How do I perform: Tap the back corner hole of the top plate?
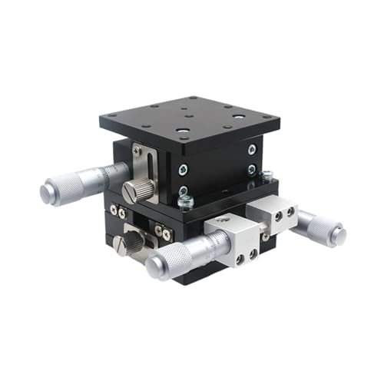pos(193,99)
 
